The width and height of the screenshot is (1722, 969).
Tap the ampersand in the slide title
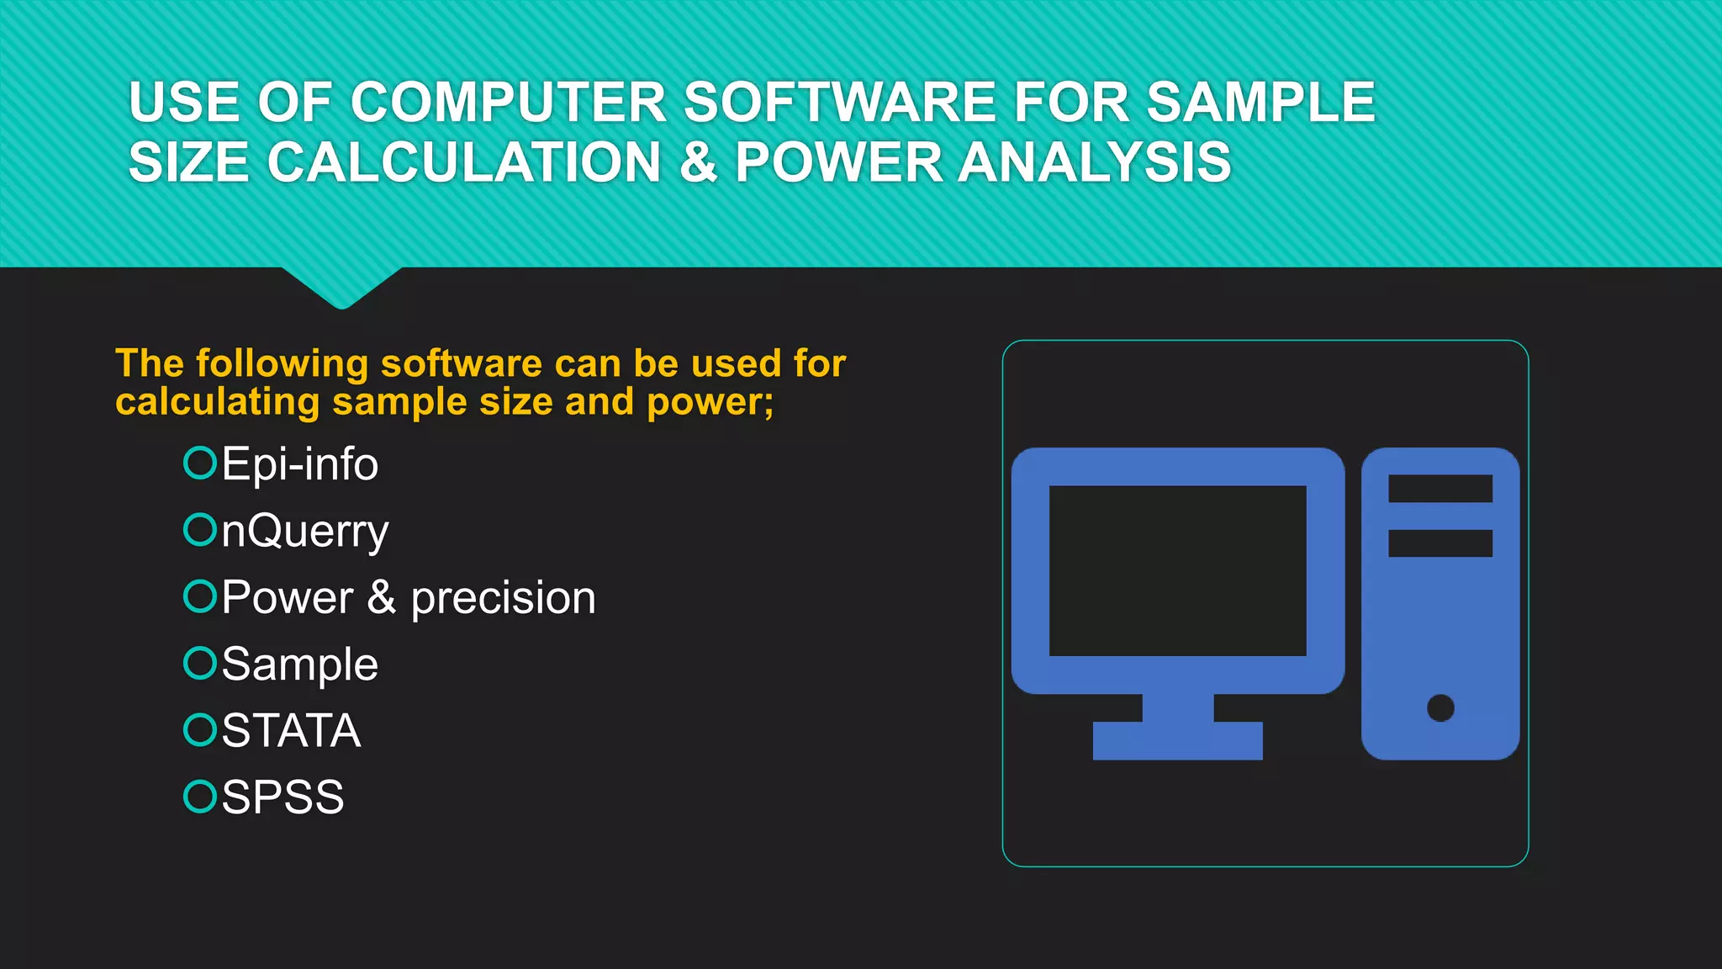coord(698,161)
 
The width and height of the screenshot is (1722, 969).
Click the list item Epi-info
coord(299,464)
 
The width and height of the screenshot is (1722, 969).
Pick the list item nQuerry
coord(304,532)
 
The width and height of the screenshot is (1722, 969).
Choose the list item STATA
coord(291,730)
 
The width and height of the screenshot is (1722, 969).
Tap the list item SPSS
coord(283,797)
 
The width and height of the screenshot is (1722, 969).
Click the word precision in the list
coord(503,598)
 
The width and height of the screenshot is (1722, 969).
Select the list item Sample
coord(299,665)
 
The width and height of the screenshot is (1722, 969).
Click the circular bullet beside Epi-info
coord(200,463)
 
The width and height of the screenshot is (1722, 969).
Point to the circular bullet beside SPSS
coord(200,796)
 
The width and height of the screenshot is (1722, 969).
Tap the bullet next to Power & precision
coord(200,596)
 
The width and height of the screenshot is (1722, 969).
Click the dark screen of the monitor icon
coord(1177,570)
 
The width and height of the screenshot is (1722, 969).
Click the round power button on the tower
coord(1440,707)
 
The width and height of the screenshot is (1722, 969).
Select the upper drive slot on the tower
coord(1439,488)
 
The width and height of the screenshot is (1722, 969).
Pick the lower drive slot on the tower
coord(1439,543)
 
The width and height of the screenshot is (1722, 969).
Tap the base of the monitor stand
coord(1177,740)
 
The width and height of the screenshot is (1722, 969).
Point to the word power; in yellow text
coord(710,403)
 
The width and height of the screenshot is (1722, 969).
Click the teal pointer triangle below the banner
coord(341,286)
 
